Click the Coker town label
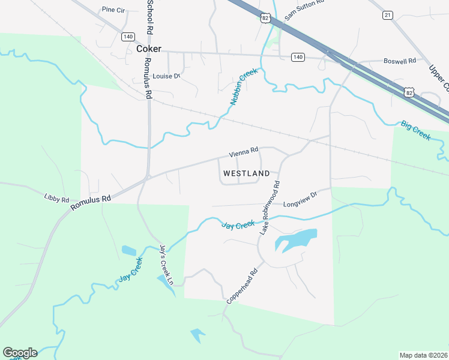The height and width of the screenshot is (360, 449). coord(149,49)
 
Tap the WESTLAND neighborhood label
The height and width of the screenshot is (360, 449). coord(246,173)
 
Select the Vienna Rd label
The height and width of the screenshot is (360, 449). coord(243,151)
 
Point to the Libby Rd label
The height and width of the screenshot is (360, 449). coord(56,197)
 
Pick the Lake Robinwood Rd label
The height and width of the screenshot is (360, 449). coord(270,208)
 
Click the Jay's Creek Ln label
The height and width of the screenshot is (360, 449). coord(166,265)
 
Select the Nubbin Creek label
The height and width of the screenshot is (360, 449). coord(243,86)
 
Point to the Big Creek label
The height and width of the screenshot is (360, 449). coord(416,130)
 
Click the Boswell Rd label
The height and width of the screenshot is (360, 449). coord(400,61)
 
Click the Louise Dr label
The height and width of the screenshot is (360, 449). coord(166,76)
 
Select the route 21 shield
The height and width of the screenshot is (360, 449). coord(387,14)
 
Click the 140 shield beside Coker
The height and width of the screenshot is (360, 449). coord(127,37)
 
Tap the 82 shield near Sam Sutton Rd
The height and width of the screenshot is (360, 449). coord(265,19)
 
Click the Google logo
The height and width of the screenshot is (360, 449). coord(20,352)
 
